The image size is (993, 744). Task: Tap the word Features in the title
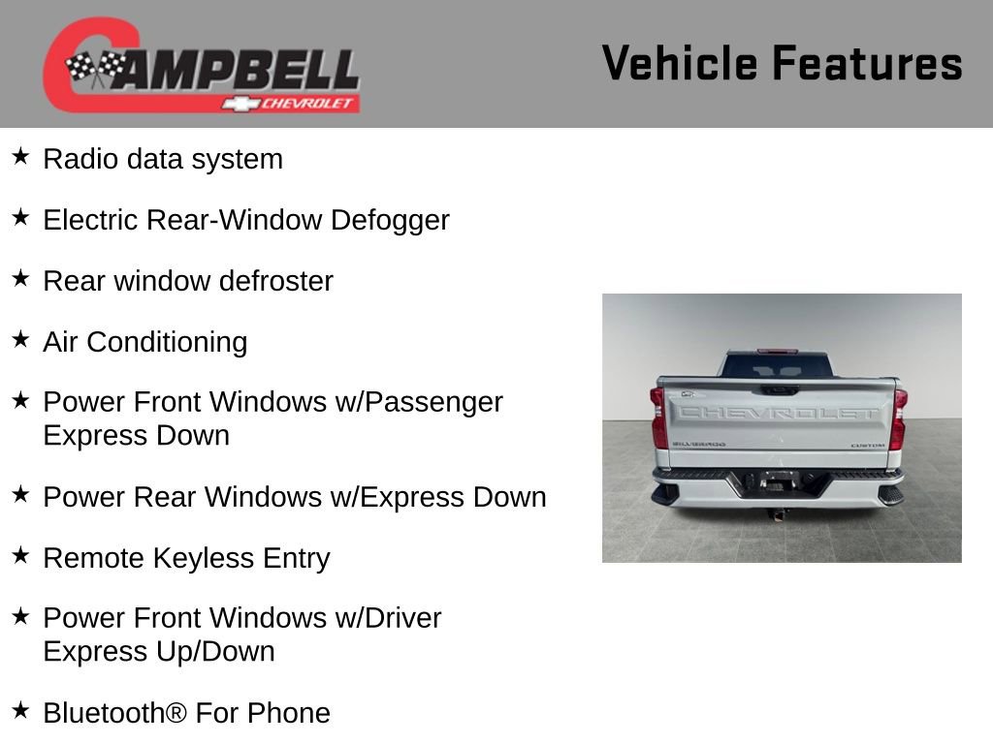[x=867, y=64]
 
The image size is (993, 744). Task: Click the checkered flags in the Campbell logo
[x=95, y=68]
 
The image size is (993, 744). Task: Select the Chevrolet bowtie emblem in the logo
[x=236, y=104]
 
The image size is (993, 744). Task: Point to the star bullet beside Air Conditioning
[x=20, y=339]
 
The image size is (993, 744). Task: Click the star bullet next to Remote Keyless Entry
[x=20, y=555]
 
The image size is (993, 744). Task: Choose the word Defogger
[x=390, y=221]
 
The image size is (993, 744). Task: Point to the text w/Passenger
[x=423, y=402]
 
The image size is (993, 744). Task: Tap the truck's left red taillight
[x=658, y=418]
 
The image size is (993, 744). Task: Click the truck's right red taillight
[x=899, y=418]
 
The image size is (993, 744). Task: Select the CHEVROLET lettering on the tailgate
[x=778, y=412]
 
